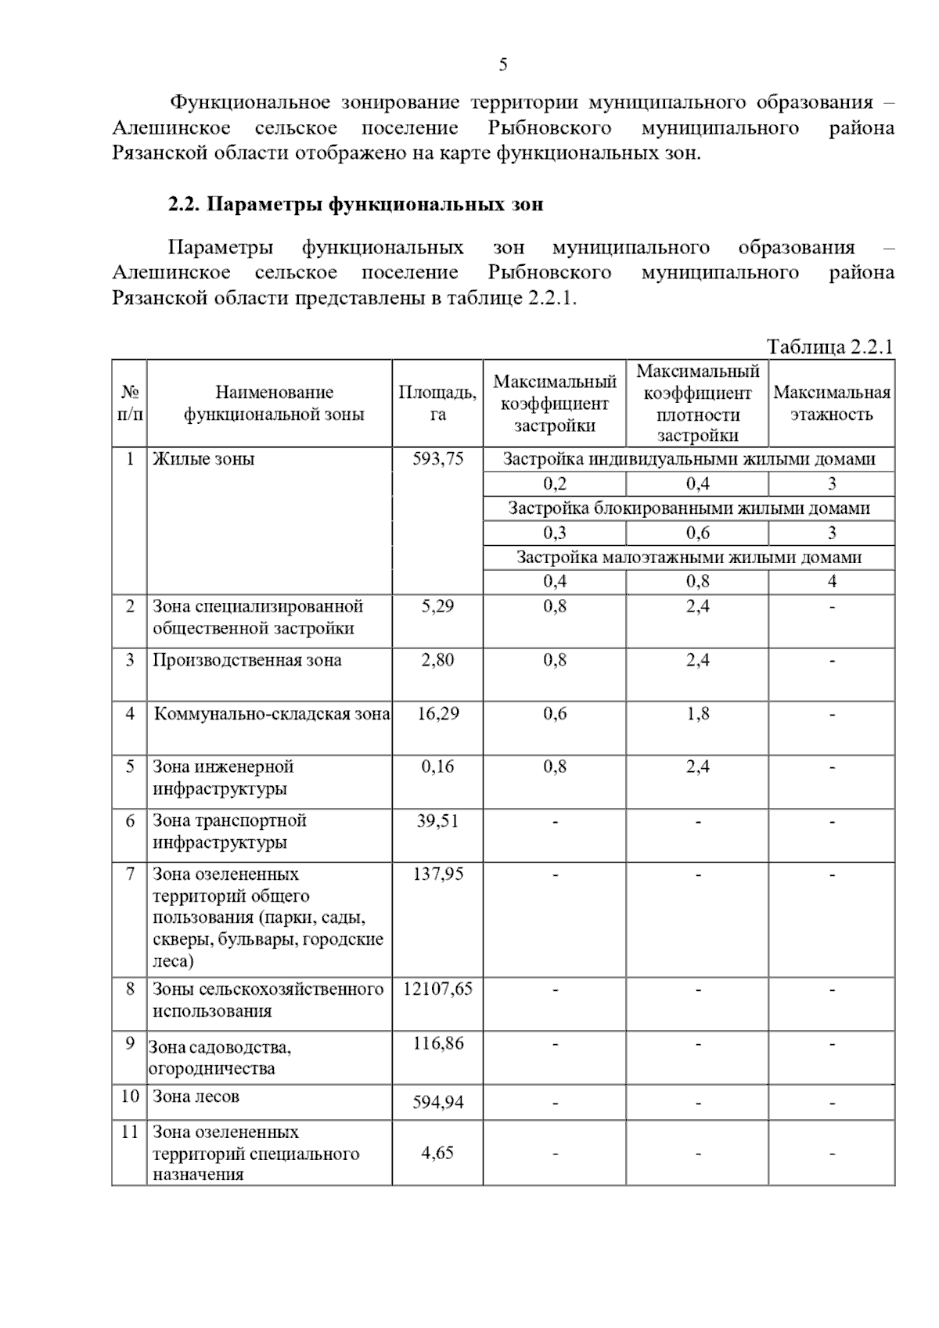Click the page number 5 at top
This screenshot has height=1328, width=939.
502,65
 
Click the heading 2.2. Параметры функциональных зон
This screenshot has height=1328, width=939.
355,205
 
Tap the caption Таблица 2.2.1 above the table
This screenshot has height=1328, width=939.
829,346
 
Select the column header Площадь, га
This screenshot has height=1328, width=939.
437,403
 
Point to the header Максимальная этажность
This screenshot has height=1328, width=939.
831,403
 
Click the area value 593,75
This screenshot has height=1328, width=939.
437,459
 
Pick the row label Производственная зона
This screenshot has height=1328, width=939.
246,660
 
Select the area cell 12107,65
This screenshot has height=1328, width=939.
437,989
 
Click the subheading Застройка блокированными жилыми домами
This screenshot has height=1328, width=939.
689,508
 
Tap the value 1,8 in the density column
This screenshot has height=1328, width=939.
697,713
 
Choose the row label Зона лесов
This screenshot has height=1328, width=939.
196,1096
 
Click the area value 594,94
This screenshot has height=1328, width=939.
437,1103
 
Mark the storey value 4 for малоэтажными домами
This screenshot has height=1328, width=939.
831,581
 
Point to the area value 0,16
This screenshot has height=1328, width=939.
437,766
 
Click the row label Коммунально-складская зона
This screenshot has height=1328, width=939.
272,713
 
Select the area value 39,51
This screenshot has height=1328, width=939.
437,820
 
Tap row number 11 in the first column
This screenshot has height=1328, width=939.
129,1132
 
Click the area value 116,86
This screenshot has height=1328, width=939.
437,1043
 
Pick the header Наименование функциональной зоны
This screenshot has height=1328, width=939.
274,403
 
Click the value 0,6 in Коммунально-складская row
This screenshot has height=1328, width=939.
555,713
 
